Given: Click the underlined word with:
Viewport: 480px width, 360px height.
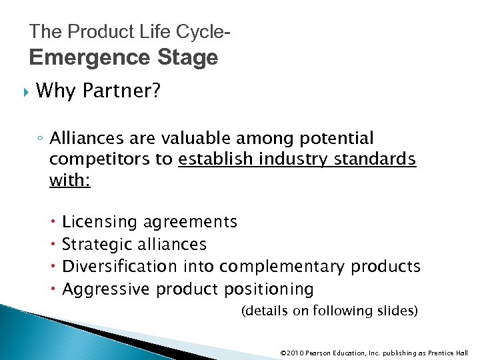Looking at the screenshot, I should pyautogui.click(x=69, y=181).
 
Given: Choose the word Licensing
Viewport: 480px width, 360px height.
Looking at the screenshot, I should pyautogui.click(x=97, y=221).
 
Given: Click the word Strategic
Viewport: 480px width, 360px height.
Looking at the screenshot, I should pyautogui.click(x=93, y=244).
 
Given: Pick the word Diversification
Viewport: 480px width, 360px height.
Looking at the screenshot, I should pyautogui.click(x=119, y=267).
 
